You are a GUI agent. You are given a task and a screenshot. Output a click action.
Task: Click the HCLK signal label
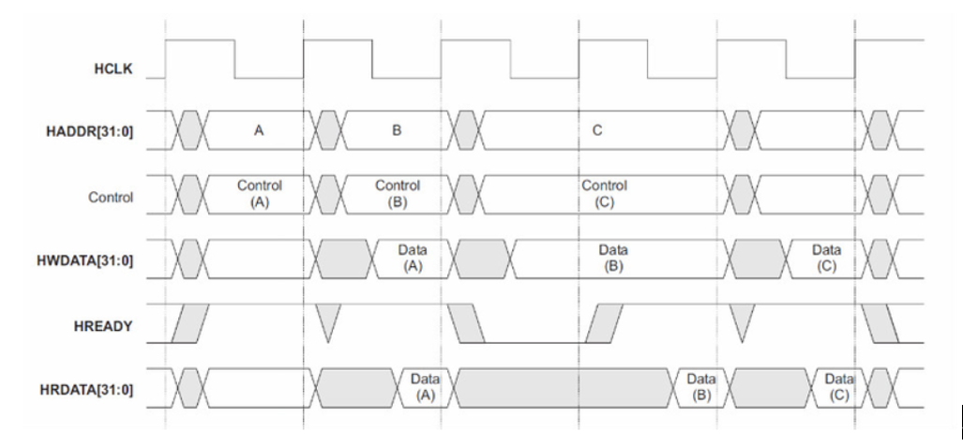[x=113, y=68]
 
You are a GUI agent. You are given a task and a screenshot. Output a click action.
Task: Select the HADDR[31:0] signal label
[x=89, y=131]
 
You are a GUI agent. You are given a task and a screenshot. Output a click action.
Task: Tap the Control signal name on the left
[x=111, y=198]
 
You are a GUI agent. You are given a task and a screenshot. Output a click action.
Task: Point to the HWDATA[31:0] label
[x=84, y=261]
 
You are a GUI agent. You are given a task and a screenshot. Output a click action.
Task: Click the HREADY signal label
[x=103, y=326]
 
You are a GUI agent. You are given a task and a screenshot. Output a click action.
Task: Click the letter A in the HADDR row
[x=259, y=130]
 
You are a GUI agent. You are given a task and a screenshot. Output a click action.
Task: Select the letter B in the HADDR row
[x=397, y=130]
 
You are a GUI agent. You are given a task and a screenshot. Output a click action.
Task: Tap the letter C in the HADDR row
[x=597, y=130]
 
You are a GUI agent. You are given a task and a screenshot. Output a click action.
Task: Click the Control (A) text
[x=260, y=193]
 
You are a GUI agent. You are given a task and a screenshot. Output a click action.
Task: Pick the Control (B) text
[x=398, y=193]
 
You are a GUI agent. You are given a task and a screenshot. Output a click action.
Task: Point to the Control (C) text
[x=604, y=193]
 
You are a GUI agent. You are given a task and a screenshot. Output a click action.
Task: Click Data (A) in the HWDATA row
[x=413, y=258]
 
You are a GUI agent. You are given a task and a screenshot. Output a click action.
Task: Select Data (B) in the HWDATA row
[x=613, y=258]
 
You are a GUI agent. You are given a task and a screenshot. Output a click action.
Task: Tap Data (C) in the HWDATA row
[x=827, y=258]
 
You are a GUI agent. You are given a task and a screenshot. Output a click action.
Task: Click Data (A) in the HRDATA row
[x=425, y=387]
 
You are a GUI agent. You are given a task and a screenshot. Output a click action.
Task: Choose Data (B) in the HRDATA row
[x=700, y=387]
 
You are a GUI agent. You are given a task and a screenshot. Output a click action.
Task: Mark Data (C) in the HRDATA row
[x=839, y=387]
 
